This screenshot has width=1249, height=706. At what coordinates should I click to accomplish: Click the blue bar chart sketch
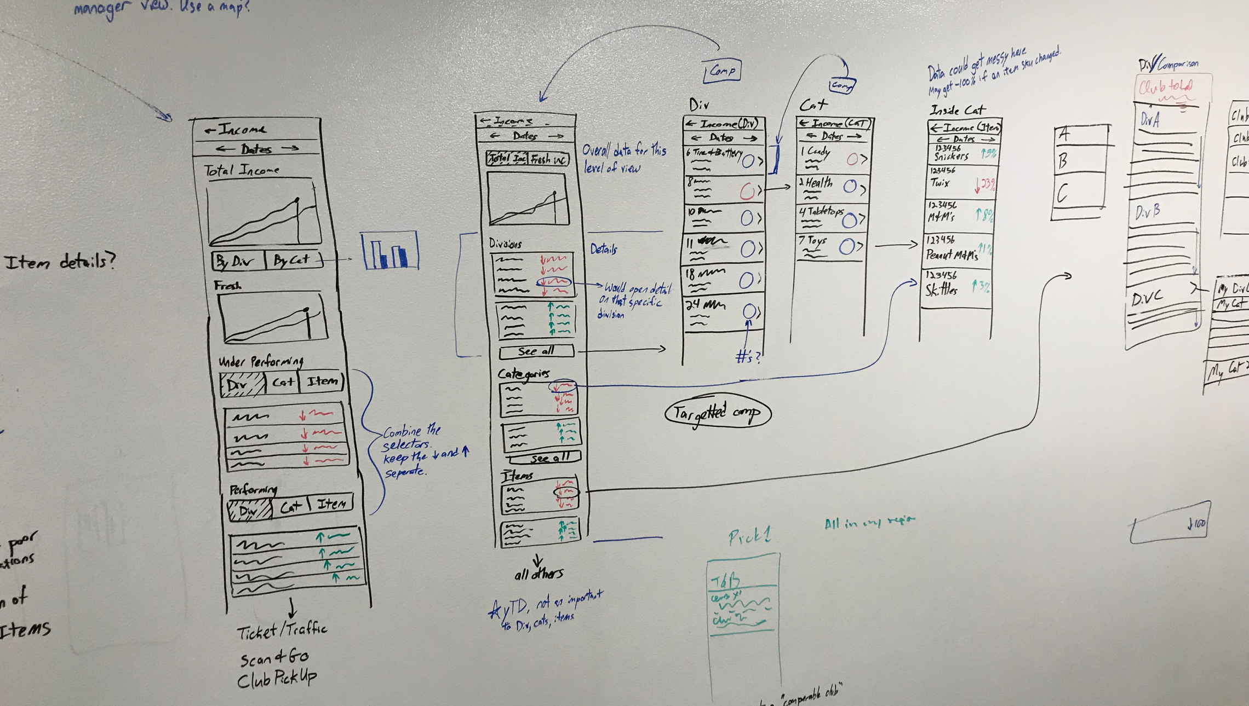(389, 251)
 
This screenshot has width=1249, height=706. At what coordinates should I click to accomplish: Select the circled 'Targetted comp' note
(717, 413)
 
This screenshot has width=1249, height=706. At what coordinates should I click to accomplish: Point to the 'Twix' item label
(940, 183)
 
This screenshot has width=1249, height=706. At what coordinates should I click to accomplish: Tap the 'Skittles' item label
(942, 289)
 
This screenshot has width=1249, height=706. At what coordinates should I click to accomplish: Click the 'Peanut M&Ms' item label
(952, 254)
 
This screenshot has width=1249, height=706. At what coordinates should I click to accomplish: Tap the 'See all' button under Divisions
(536, 351)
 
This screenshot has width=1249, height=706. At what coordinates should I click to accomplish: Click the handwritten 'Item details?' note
(60, 262)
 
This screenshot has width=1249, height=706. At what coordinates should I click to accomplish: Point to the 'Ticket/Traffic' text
(282, 631)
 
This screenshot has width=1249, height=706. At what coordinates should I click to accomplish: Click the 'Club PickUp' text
(277, 679)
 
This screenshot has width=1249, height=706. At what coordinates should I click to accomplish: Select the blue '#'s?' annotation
(748, 357)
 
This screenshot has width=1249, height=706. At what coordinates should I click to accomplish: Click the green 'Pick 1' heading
(749, 536)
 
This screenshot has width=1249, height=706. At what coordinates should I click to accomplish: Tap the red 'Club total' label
(1166, 87)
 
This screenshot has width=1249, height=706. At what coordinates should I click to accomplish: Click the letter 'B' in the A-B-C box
(1063, 161)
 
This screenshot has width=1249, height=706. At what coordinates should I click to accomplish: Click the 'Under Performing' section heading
(261, 361)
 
